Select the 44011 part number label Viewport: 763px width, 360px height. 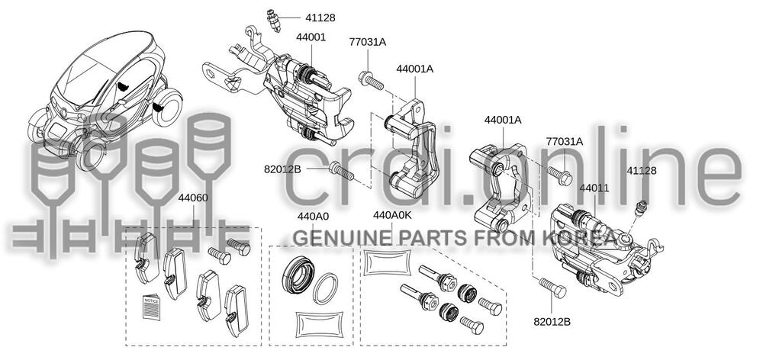tap(597, 187)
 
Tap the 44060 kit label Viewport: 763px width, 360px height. tap(193, 198)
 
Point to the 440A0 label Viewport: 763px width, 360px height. tap(312, 217)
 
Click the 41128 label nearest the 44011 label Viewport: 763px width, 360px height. tap(642, 171)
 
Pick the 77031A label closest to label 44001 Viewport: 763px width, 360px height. tap(367, 43)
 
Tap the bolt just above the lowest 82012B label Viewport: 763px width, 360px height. tap(551, 288)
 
